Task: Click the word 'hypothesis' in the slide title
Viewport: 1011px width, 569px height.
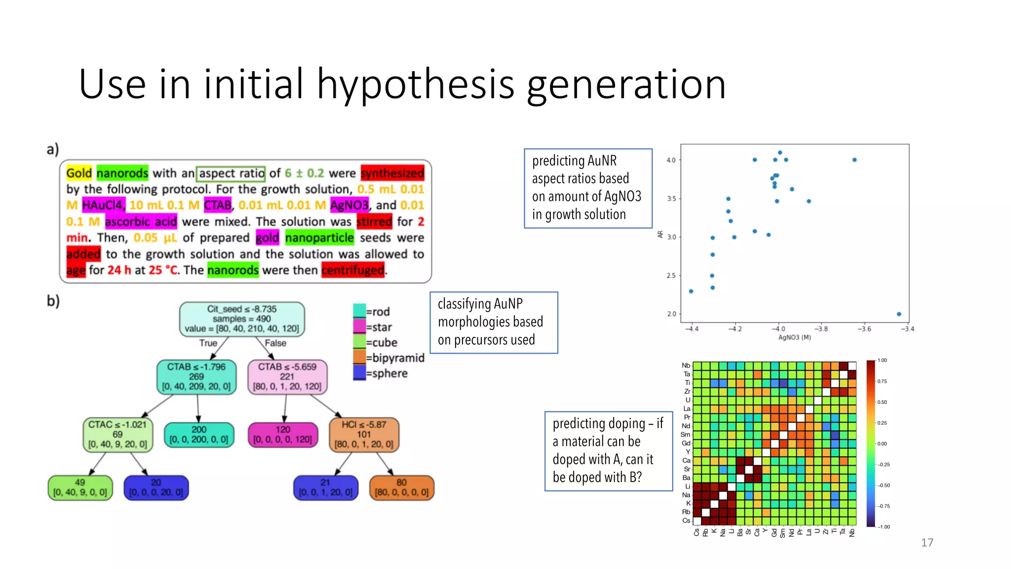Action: click(x=415, y=85)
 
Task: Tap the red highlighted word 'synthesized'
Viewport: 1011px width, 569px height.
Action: click(x=392, y=173)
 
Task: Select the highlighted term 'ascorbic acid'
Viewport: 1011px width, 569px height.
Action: click(x=141, y=222)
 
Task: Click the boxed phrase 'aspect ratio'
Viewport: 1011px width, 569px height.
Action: click(x=231, y=173)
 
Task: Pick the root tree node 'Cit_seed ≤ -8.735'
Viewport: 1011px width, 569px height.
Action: click(x=242, y=319)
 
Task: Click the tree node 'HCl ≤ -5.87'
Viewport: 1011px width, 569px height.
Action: click(x=364, y=434)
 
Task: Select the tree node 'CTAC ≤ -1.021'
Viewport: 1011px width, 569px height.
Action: click(x=117, y=434)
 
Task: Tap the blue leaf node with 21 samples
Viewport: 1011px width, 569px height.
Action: click(x=325, y=488)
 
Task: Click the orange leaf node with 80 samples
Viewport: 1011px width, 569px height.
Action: click(x=401, y=488)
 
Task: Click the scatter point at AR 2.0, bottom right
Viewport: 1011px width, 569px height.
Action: click(x=898, y=314)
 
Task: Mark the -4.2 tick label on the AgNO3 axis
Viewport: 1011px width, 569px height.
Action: click(x=735, y=329)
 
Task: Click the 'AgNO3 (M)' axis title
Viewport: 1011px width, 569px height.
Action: click(x=794, y=337)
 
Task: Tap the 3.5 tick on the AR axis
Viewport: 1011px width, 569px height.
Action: click(x=671, y=199)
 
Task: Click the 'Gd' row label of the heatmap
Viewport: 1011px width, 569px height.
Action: click(x=686, y=443)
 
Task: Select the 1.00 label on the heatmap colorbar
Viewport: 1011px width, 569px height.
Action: click(x=882, y=361)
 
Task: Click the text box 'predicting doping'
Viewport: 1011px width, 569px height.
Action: click(x=608, y=450)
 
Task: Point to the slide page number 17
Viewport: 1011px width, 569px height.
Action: click(x=927, y=542)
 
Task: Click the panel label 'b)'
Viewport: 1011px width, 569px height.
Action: click(x=53, y=300)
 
